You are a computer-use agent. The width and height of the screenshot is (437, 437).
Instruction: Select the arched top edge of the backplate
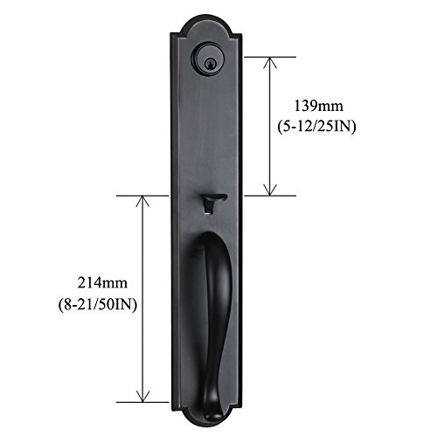209,18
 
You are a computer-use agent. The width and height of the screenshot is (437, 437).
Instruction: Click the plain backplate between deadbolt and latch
210,131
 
